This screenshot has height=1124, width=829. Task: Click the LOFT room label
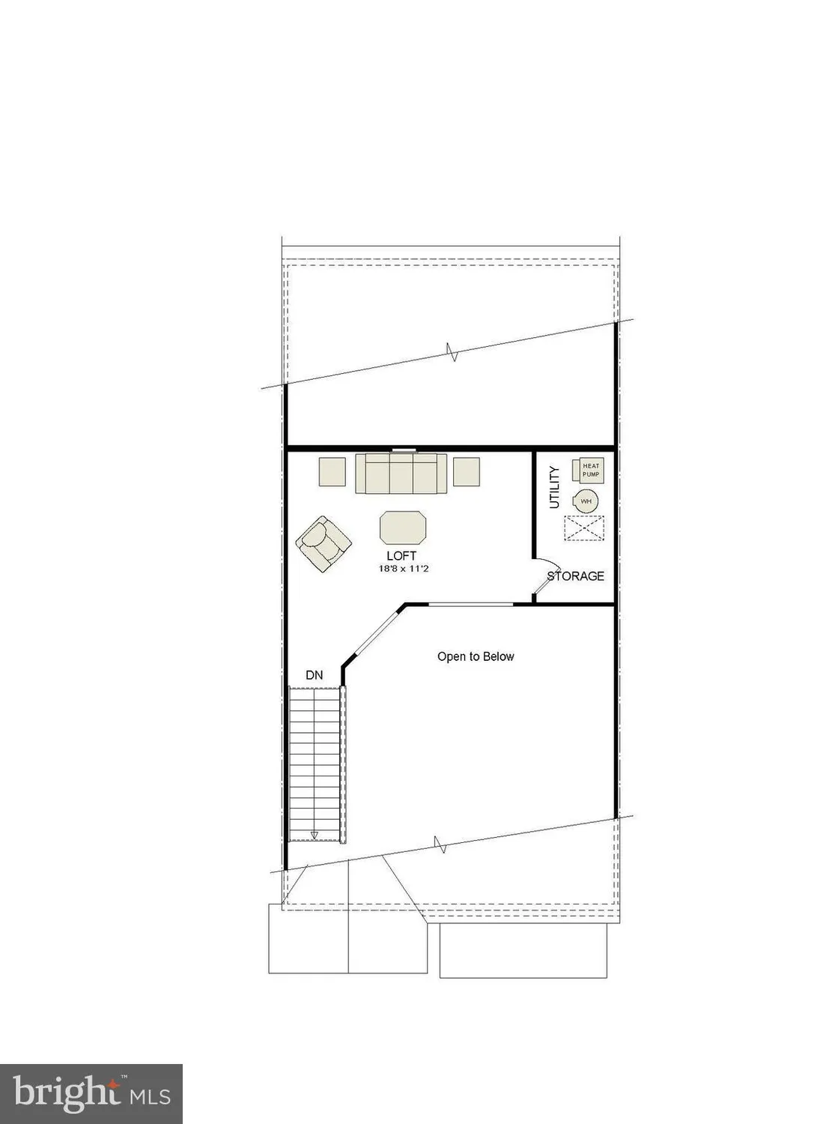pos(401,556)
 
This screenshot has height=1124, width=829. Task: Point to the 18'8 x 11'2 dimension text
pos(403,569)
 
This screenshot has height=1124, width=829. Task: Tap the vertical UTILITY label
pos(554,487)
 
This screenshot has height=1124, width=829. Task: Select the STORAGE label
pos(576,576)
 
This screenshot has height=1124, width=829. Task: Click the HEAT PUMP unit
pos(589,470)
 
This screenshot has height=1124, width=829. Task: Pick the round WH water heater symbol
pos(586,501)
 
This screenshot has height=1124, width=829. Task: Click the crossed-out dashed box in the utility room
pos(583,528)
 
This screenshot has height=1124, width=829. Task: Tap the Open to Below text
pos(476,656)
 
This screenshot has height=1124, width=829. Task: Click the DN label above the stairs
pos(315,675)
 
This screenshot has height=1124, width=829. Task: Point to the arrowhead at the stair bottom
pos(315,834)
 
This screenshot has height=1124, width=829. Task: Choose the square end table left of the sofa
pos(332,471)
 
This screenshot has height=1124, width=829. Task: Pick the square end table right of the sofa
pos(467,471)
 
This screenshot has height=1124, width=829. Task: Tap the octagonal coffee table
pos(403,528)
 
